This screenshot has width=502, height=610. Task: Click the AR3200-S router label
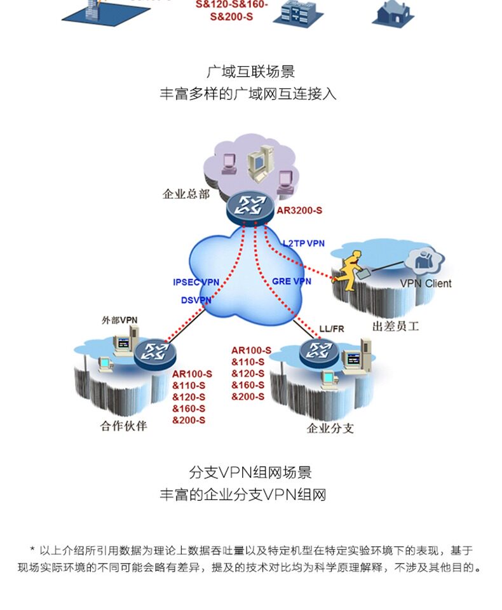click(299, 210)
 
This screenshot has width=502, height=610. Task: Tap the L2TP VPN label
click(304, 243)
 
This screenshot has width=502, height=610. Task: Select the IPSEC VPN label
click(196, 282)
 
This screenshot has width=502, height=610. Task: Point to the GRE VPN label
click(292, 281)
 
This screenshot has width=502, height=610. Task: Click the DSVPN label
click(196, 300)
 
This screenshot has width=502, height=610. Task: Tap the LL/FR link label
click(332, 329)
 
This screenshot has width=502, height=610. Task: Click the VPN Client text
click(426, 283)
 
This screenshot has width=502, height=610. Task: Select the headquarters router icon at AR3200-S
click(250, 207)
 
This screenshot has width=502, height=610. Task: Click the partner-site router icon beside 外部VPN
click(155, 353)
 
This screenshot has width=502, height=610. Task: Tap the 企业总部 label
click(186, 194)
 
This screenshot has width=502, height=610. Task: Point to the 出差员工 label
click(395, 326)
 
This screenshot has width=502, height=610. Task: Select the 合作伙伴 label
click(124, 426)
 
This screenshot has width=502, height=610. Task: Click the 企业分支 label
click(330, 428)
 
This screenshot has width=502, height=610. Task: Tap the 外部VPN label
click(119, 320)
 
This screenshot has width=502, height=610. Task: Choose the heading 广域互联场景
click(250, 72)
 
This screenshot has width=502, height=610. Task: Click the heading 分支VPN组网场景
click(250, 472)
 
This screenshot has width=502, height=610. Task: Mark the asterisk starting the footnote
click(32, 550)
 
